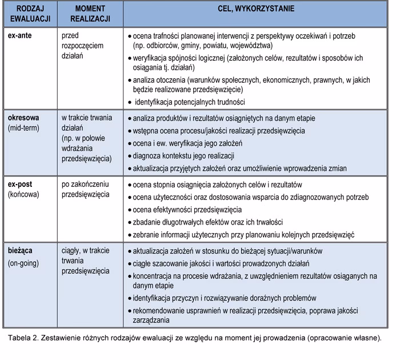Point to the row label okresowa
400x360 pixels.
(x=23, y=118)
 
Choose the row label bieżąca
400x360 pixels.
(x=21, y=251)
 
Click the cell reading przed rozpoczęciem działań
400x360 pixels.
(x=83, y=45)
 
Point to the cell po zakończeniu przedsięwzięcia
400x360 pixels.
(x=85, y=190)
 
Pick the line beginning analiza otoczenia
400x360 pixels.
(x=251, y=80)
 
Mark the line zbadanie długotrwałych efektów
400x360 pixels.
(x=207, y=222)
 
